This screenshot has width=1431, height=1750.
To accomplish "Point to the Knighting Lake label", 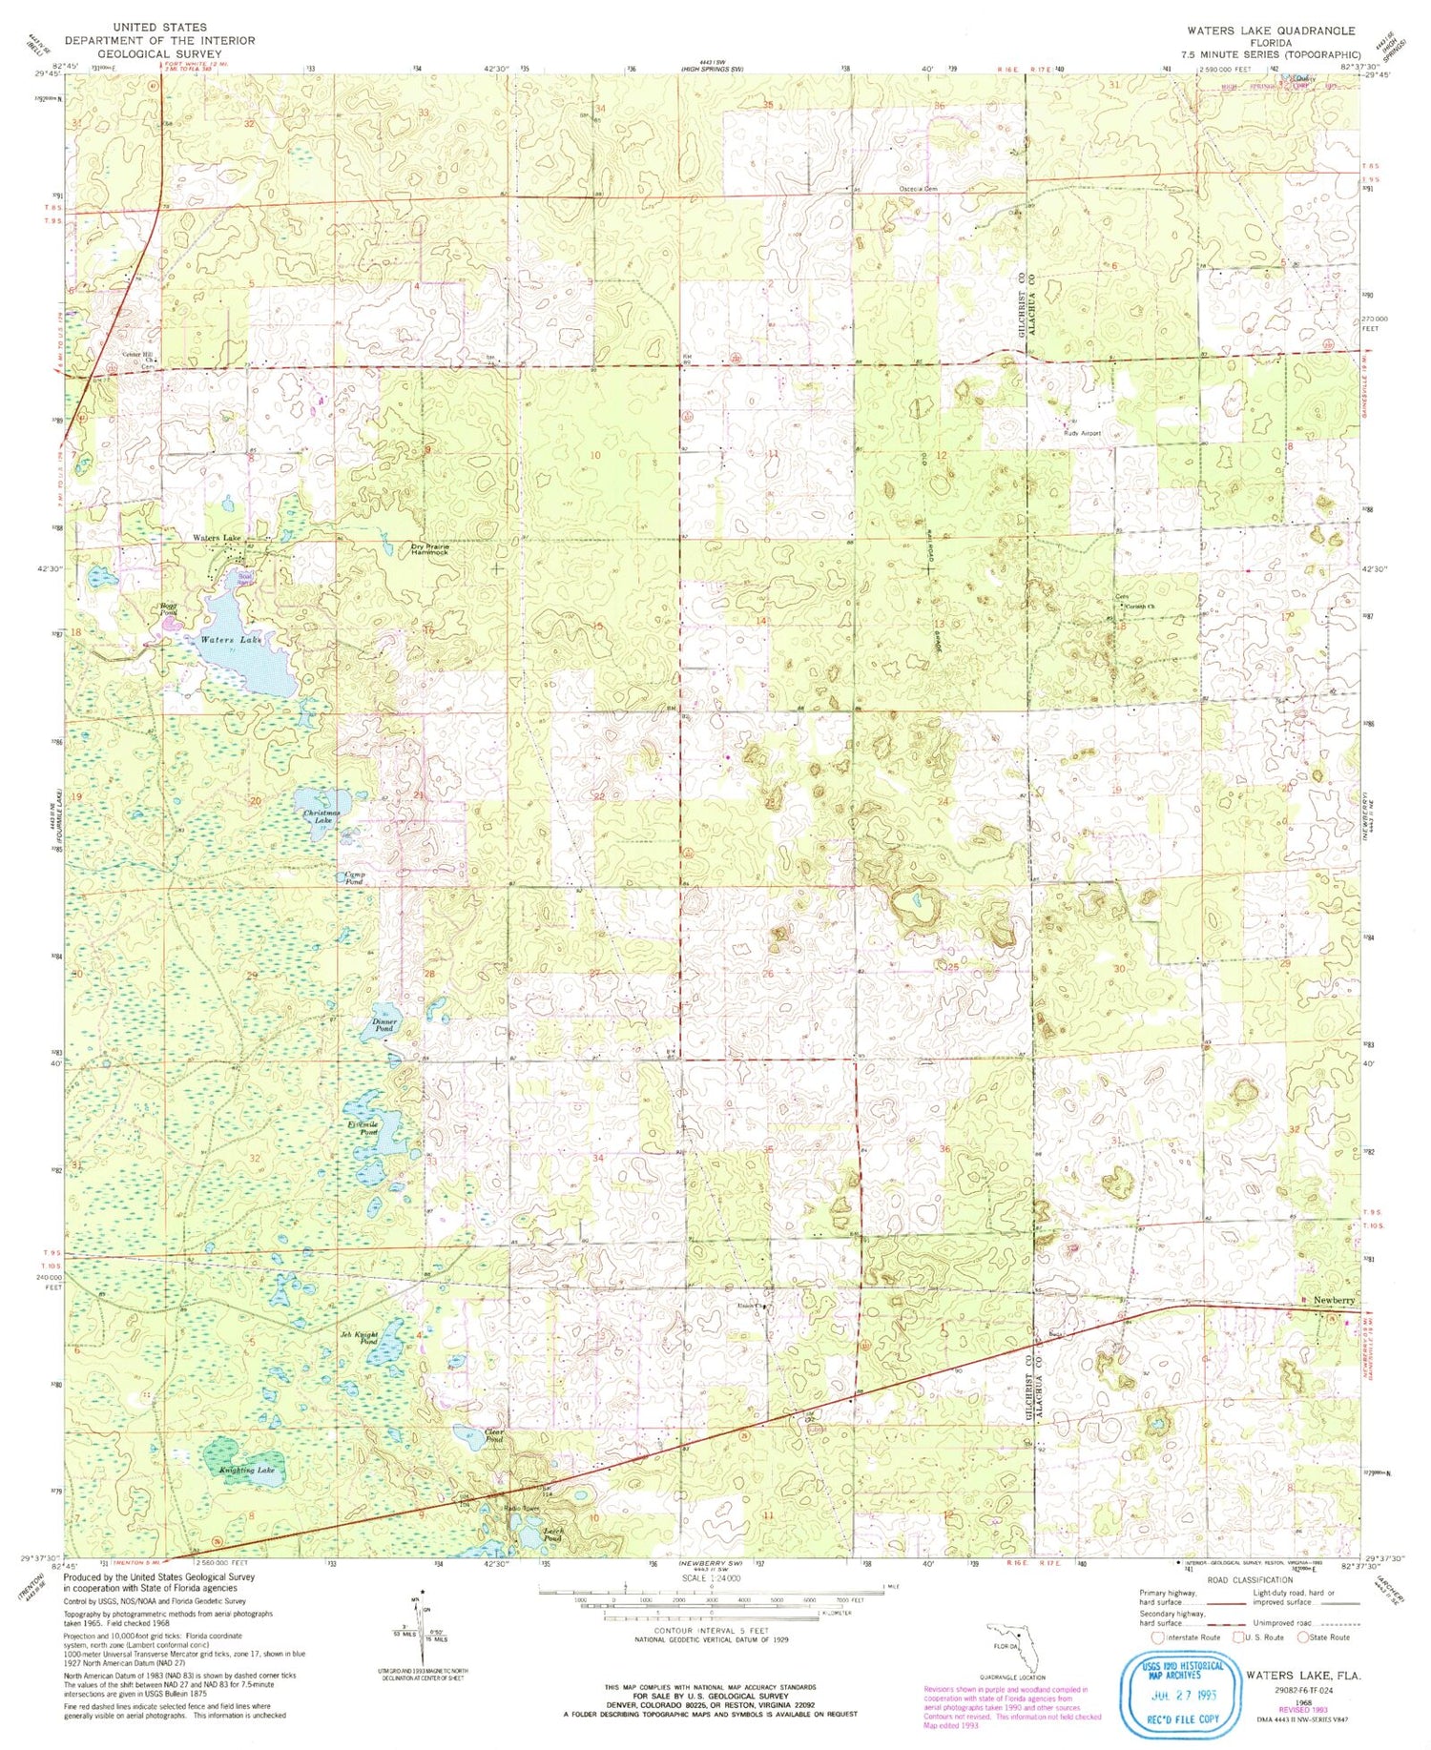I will click(247, 1470).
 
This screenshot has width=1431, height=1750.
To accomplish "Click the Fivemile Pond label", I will click(363, 1126).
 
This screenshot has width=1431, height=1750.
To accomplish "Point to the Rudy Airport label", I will click(1082, 433).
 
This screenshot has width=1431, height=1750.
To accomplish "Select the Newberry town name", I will click(1333, 1300).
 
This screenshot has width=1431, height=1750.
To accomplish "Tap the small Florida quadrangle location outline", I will click(1009, 1644).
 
